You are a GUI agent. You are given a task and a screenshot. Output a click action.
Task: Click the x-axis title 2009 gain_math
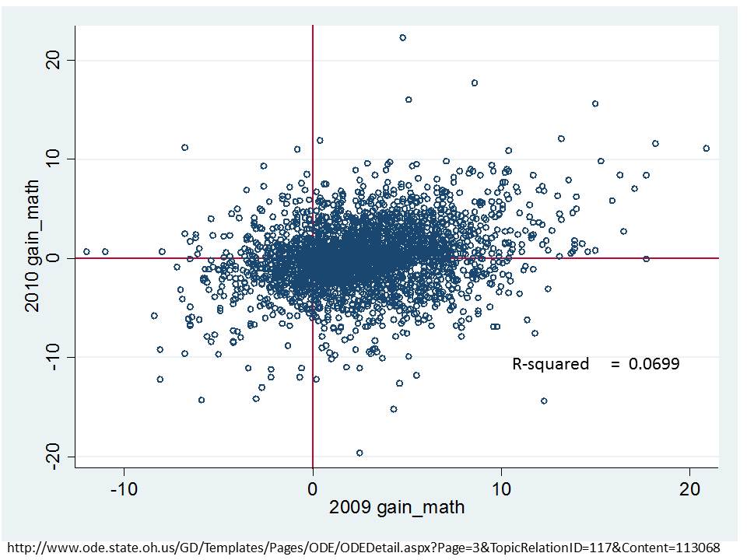[397, 508]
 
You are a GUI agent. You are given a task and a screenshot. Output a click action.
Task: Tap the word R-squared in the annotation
[550, 363]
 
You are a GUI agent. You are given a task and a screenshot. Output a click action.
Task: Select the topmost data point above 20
[402, 37]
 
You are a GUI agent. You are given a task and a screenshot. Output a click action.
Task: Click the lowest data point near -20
[359, 453]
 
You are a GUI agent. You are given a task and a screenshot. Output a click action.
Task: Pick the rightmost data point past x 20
[706, 148]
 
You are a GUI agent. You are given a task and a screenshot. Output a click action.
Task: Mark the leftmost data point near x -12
[86, 251]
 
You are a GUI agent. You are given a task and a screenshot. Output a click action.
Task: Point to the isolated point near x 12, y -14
[544, 401]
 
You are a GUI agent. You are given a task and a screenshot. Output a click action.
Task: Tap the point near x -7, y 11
[184, 147]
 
